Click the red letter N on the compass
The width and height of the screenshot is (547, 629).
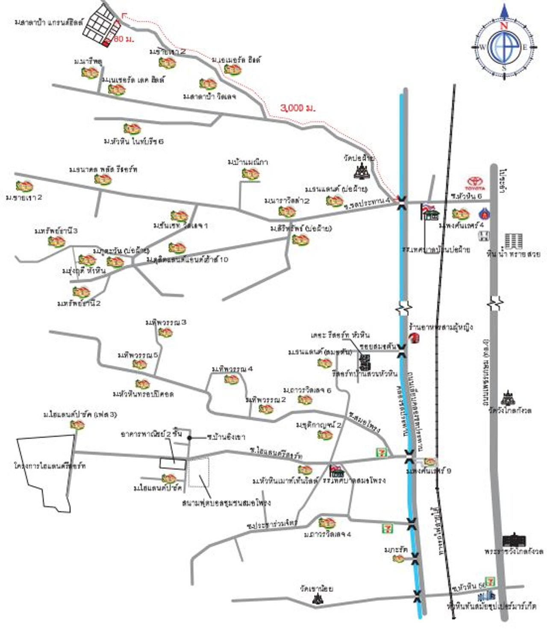coord(504,26)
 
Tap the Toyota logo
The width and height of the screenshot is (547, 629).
coord(475,183)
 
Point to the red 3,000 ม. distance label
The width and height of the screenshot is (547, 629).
coord(298,108)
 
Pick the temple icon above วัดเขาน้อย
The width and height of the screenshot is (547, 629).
coord(318,599)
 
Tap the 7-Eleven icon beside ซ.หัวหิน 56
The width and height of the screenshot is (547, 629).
coord(490,582)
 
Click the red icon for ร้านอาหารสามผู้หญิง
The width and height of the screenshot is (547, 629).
coord(414,338)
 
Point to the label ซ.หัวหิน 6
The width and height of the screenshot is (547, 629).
coord(466,196)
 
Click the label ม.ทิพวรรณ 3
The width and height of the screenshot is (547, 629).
coord(166,322)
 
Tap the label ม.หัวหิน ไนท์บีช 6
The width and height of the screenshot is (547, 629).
coord(134,141)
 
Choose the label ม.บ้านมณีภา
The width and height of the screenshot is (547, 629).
coord(248,162)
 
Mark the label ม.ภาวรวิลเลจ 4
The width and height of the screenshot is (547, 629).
coord(327,534)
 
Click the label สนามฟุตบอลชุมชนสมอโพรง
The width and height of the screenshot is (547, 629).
coord(226,503)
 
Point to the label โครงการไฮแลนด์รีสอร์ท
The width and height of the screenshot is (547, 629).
coord(50,465)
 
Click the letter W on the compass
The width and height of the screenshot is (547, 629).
coord(482,47)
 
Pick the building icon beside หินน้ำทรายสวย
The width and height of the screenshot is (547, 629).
coord(513,241)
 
